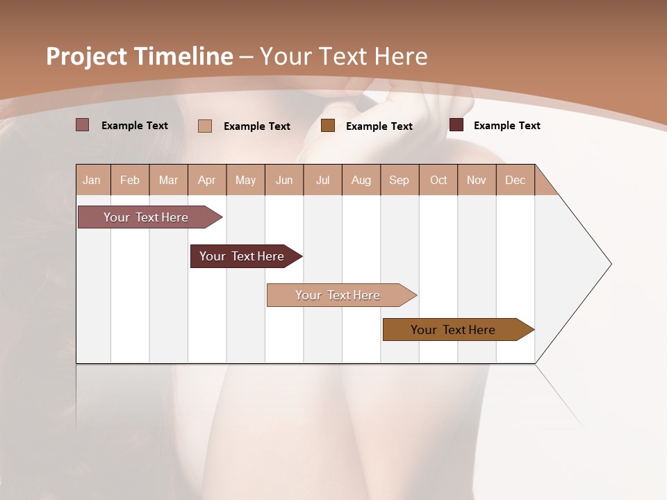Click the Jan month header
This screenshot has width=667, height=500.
pos(92,180)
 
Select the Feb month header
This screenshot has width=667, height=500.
pos(130,180)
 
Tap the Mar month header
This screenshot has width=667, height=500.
pos(168,180)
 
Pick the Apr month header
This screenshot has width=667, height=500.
pos(207,180)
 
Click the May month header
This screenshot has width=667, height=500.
pos(245,180)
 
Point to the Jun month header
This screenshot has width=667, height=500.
pos(284,180)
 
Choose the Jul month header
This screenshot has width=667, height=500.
pos(322,180)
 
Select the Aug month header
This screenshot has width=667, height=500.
pos(361,180)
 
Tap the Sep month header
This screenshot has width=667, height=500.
pos(400,180)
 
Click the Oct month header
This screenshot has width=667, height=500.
pos(438,180)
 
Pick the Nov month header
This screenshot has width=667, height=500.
pos(477,180)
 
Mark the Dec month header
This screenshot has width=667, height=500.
pos(516,180)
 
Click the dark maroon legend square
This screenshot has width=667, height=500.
pos(456,125)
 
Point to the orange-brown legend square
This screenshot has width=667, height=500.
pos(328,126)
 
